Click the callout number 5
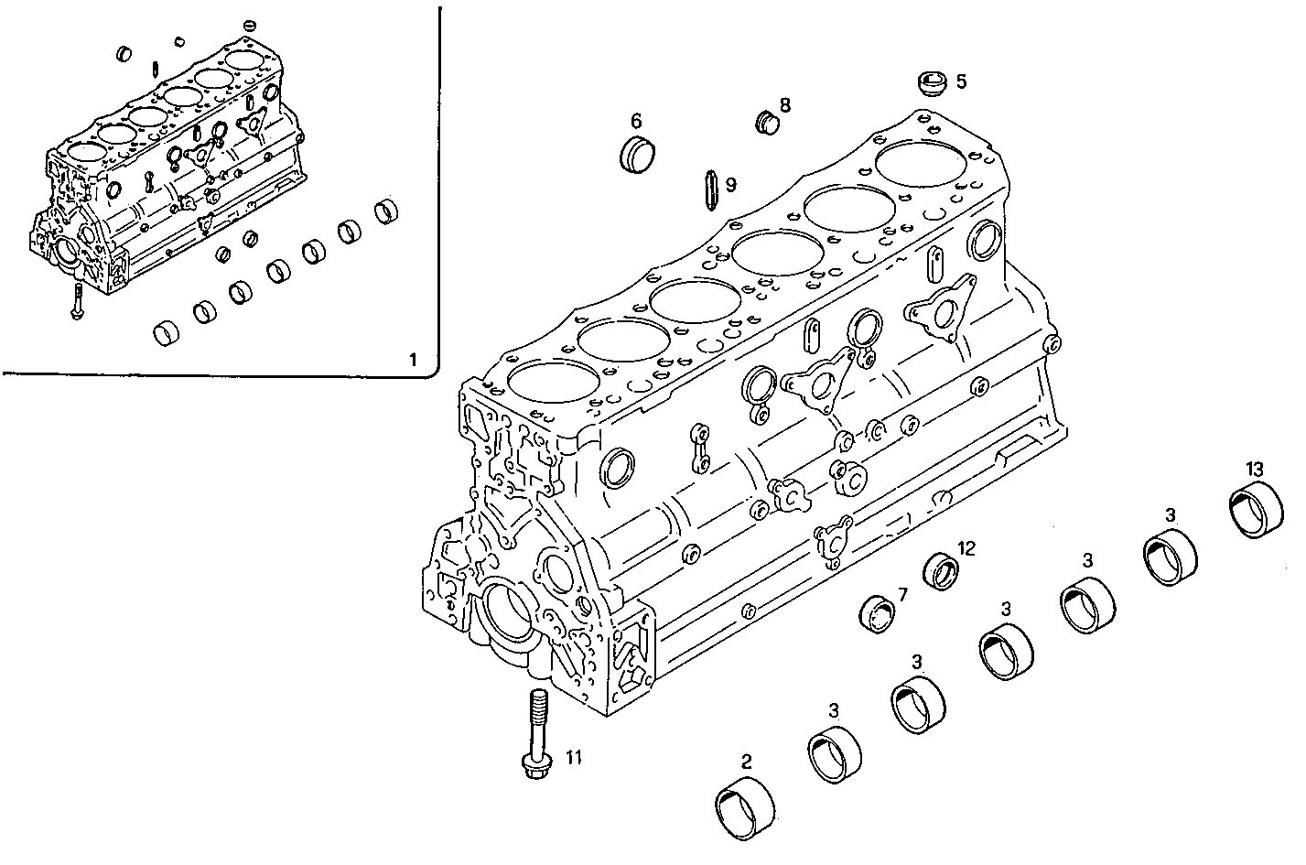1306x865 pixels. click(961, 81)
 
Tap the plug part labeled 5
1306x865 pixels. click(931, 84)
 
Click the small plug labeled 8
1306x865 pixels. click(764, 121)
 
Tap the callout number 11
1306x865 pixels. click(573, 757)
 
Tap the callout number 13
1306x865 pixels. click(1255, 470)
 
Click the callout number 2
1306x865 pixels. click(746, 760)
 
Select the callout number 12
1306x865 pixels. click(966, 548)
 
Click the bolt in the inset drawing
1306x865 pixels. click(78, 302)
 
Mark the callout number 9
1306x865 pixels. click(730, 185)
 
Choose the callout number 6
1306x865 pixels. click(636, 120)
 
